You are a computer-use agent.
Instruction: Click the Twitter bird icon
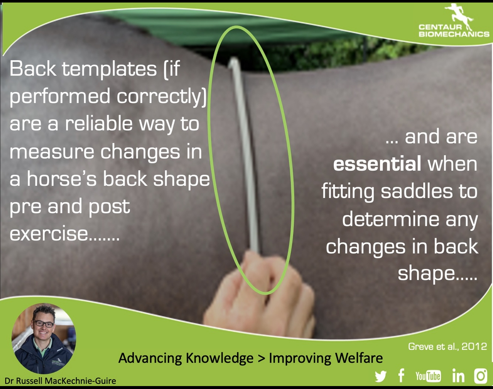(x=380, y=376)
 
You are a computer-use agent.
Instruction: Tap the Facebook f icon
(x=401, y=376)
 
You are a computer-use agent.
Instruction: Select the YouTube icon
(x=428, y=376)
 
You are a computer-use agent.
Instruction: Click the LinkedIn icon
(x=458, y=376)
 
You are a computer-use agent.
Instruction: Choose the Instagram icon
(x=481, y=376)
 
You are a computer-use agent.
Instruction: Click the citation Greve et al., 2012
(x=447, y=346)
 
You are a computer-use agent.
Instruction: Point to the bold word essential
(x=377, y=164)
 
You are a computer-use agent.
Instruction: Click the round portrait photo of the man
(x=44, y=338)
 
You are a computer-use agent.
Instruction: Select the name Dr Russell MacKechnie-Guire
(x=60, y=381)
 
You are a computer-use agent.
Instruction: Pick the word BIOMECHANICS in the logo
(x=454, y=34)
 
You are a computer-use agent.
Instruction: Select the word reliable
(x=99, y=123)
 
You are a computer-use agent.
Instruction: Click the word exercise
(x=49, y=233)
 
